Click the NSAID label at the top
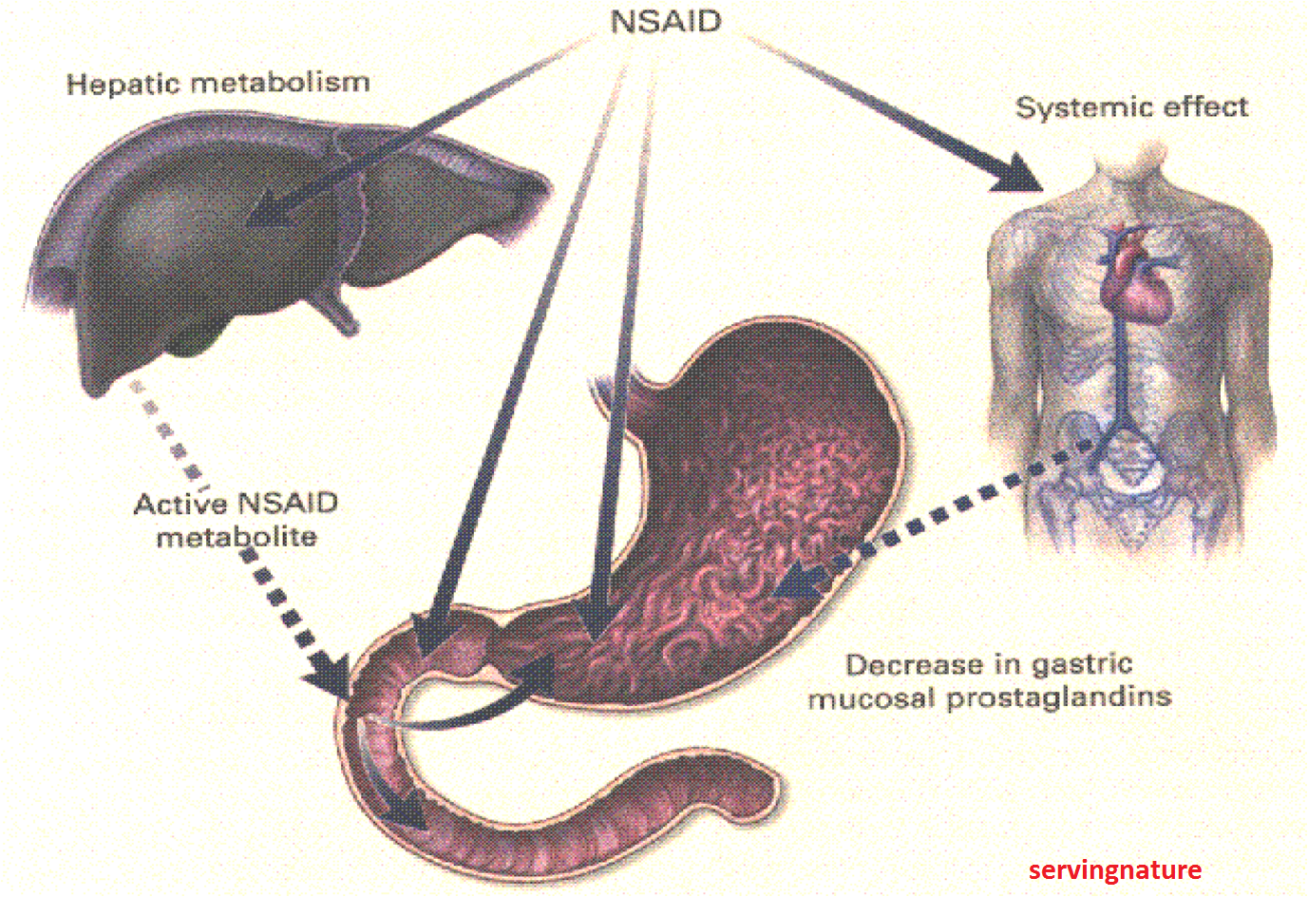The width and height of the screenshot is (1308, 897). (666, 21)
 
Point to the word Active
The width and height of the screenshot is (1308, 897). (180, 503)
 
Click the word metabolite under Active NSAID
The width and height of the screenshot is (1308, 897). (237, 537)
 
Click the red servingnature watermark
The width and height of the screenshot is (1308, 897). (1114, 869)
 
